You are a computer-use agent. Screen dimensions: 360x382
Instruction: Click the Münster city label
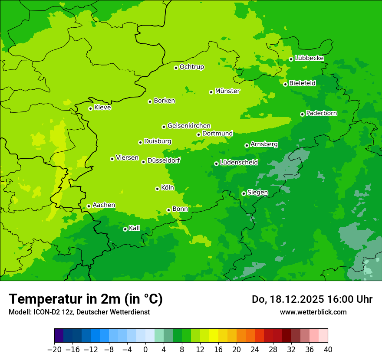(227, 91)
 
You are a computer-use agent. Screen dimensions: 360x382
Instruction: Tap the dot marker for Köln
(157, 189)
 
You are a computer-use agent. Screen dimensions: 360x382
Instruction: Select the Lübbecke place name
(309, 58)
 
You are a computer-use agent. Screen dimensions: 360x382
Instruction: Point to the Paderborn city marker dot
(302, 114)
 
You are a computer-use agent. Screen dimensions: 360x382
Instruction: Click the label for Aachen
(104, 205)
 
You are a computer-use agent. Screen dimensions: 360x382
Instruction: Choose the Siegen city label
(257, 193)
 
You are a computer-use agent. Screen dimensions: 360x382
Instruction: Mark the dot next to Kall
(125, 229)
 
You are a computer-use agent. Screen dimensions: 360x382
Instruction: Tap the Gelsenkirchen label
(189, 126)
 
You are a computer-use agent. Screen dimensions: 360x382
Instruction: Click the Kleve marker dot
(90, 108)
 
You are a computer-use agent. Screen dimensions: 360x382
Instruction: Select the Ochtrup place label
(191, 67)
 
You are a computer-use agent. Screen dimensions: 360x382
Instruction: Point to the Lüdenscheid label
(239, 163)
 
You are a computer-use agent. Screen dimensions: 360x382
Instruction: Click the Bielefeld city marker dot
(285, 84)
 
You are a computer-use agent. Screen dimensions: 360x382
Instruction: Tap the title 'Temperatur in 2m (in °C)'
(86, 299)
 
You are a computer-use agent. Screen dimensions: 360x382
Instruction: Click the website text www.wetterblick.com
(313, 312)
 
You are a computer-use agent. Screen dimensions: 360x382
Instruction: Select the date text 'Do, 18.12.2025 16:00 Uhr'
(312, 299)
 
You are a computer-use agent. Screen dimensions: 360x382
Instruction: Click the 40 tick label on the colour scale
(328, 350)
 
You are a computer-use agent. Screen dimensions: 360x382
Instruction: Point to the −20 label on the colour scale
(54, 350)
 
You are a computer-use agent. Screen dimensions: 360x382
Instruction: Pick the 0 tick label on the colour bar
(145, 350)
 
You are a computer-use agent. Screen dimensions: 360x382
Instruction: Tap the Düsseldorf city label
(164, 160)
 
